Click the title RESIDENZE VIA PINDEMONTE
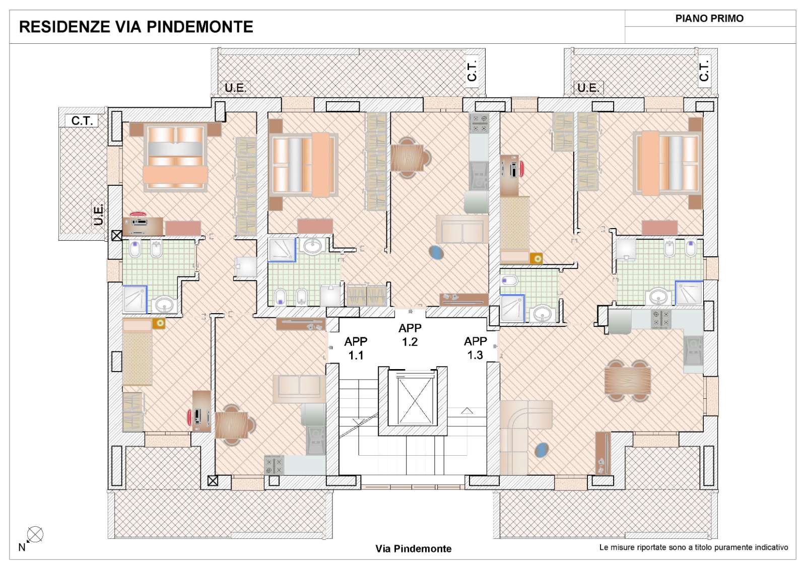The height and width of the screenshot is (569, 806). coord(136,27)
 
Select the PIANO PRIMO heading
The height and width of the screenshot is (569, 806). coord(709,18)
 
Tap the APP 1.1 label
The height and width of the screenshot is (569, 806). coord(356,348)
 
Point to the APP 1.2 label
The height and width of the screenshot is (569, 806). coord(410,335)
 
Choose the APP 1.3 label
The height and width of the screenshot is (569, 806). coord(476,348)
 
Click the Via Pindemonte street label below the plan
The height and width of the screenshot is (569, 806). coord(414,548)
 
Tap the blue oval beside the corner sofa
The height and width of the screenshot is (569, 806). coord(542,450)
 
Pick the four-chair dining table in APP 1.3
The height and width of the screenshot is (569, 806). coord(628,381)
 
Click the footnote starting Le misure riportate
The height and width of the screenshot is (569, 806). coord(693,547)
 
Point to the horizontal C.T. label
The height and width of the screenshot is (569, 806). coord(82,120)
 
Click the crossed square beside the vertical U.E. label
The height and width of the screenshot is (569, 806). coord(116,236)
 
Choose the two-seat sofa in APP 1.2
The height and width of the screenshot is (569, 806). coord(462,229)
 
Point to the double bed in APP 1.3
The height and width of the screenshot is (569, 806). coord(668,164)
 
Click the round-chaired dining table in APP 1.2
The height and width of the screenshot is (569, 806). coord(410,158)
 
